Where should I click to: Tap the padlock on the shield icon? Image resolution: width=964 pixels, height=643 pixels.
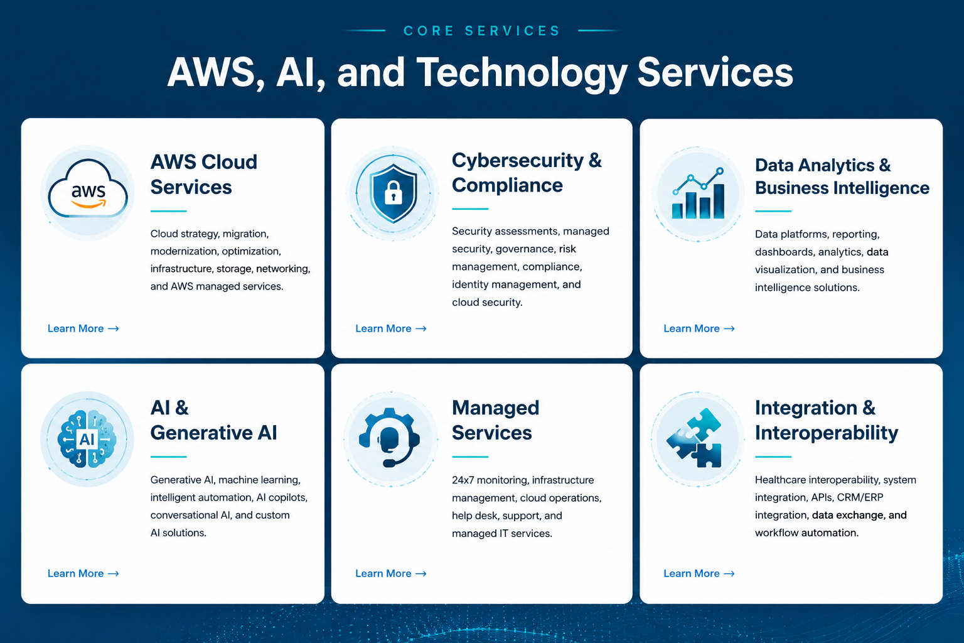click(x=393, y=192)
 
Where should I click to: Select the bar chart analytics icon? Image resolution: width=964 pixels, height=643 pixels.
click(x=698, y=194)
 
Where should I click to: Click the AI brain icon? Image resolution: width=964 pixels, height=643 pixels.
click(x=87, y=439)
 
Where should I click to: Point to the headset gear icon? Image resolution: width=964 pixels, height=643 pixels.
click(x=390, y=436)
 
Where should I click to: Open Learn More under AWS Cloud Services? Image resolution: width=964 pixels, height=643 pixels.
click(x=83, y=328)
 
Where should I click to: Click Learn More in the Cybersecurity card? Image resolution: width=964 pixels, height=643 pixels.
click(x=391, y=328)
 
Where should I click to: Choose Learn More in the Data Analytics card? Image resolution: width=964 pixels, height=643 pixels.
click(x=699, y=328)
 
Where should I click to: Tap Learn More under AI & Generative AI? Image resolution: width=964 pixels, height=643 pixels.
click(x=83, y=574)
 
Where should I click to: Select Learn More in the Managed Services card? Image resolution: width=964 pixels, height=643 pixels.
click(x=391, y=574)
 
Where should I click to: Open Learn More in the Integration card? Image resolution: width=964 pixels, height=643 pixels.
click(x=699, y=574)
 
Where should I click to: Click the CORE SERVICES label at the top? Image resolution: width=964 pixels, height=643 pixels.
click(x=482, y=31)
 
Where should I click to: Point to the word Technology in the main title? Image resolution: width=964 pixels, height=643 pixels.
click(x=522, y=73)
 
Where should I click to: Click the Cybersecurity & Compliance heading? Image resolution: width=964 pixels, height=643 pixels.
click(x=527, y=173)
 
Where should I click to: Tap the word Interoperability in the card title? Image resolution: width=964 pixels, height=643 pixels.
click(x=827, y=433)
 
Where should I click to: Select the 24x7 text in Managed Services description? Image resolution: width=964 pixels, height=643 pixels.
click(x=463, y=480)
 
